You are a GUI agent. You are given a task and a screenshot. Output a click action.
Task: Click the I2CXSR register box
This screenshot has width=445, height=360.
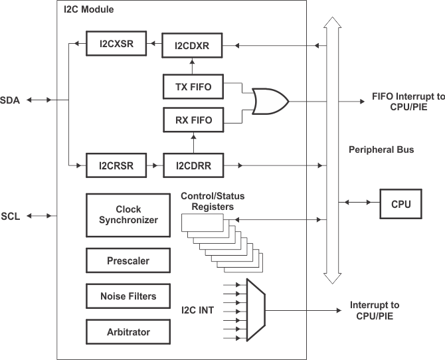[x=117, y=46]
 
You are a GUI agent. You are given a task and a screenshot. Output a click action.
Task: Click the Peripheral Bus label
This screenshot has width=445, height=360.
[x=381, y=150]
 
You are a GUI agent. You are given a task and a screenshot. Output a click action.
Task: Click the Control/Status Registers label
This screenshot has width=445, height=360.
[x=209, y=201]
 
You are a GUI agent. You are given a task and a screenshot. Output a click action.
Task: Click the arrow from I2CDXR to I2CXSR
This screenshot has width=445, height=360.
[x=155, y=46]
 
